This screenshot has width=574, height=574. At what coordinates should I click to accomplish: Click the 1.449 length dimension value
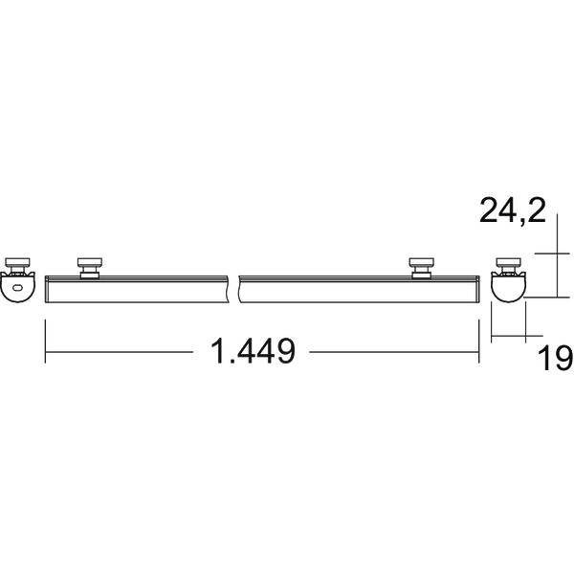[253, 351]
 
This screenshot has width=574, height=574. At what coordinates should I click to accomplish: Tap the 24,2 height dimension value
[513, 210]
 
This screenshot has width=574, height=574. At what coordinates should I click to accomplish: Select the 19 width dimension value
[555, 358]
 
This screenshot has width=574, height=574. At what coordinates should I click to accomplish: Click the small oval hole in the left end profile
[17, 288]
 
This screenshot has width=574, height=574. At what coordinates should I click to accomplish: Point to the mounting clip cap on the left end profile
[17, 262]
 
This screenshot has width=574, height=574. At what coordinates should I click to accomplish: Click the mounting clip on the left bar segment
[90, 268]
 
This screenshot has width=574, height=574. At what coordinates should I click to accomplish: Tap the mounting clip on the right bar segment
[421, 268]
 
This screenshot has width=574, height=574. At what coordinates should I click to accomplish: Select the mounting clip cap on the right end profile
[508, 262]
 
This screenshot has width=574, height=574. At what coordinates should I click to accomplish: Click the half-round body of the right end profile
[508, 289]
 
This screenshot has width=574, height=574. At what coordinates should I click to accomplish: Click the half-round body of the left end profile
[17, 289]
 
